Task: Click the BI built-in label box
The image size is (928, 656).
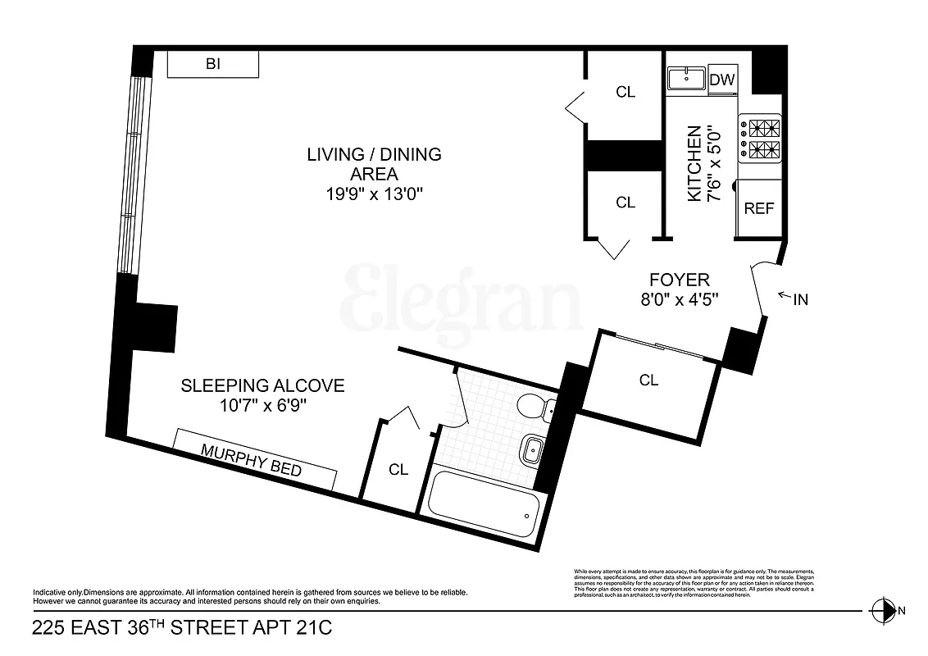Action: click(x=213, y=64)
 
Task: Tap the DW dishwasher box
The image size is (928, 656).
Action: click(x=722, y=80)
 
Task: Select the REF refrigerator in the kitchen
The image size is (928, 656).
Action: click(x=759, y=208)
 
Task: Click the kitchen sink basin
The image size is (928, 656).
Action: click(x=686, y=79)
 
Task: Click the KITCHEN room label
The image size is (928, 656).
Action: click(x=694, y=164)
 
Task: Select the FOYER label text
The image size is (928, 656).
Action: click(x=680, y=279)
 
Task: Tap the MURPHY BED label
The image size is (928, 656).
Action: click(x=252, y=460)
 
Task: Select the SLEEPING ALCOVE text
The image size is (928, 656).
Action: click(x=262, y=385)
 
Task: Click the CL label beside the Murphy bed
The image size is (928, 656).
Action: click(x=398, y=470)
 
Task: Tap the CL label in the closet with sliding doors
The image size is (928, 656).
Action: click(x=648, y=380)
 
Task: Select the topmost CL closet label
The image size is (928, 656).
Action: click(x=625, y=92)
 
